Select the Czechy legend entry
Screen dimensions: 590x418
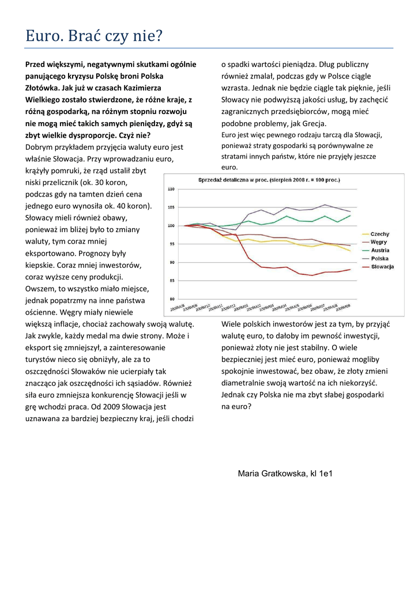379,235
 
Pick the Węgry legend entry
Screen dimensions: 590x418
379,243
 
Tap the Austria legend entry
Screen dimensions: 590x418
379,251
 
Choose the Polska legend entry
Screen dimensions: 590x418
379,259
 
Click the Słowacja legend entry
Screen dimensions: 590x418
382,267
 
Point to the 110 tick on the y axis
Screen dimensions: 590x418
171,189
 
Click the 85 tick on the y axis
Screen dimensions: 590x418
171,281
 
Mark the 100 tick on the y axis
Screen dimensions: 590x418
171,226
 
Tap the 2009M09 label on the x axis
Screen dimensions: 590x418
344,307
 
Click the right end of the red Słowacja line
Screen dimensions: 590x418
350,269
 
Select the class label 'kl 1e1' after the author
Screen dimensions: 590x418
322,474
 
